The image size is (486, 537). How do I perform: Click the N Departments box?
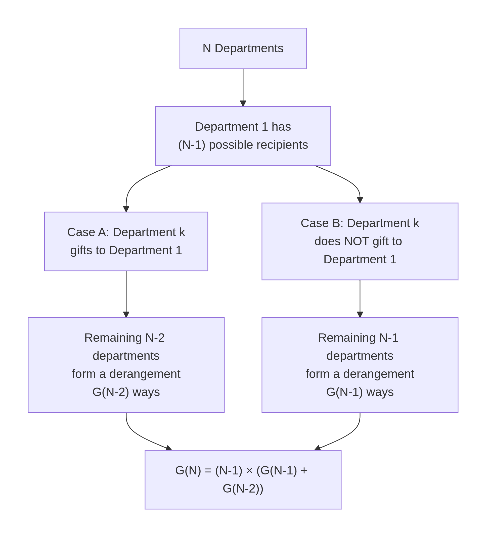click(x=243, y=48)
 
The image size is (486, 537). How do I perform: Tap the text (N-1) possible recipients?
click(x=243, y=145)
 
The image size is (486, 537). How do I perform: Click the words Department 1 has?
click(x=243, y=127)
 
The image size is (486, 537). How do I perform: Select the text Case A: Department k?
click(x=126, y=232)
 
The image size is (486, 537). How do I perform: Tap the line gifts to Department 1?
click(x=126, y=250)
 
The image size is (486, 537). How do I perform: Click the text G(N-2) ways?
click(x=126, y=392)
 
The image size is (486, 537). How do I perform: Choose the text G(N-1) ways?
click(x=360, y=392)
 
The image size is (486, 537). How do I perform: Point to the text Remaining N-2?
click(x=124, y=338)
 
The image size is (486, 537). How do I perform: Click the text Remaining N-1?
click(x=358, y=338)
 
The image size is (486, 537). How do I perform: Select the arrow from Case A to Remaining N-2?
click(x=126, y=293)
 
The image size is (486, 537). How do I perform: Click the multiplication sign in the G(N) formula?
click(x=249, y=471)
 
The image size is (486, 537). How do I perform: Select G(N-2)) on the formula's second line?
click(x=243, y=489)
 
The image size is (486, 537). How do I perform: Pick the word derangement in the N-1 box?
click(x=378, y=374)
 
